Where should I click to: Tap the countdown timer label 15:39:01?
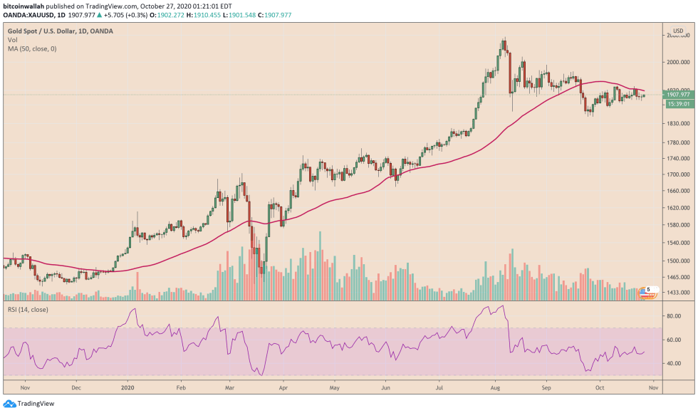tap(677, 104)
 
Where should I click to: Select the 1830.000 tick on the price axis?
tap(676, 124)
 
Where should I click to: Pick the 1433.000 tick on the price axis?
tap(676, 293)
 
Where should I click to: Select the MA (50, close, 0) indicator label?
tap(31, 48)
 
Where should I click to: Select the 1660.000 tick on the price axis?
tap(676, 191)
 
